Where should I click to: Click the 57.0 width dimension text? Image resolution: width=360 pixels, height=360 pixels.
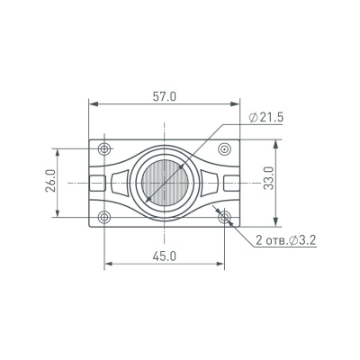click(166, 95)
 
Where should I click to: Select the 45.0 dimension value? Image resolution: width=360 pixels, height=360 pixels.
click(166, 256)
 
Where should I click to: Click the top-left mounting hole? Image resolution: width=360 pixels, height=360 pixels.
click(105, 148)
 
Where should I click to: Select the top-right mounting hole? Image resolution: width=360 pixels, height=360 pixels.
click(225, 148)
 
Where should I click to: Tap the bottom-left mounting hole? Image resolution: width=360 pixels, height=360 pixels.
click(105, 216)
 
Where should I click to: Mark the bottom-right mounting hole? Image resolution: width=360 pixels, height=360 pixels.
click(225, 216)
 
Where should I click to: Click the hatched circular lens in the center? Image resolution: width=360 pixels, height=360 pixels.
click(166, 182)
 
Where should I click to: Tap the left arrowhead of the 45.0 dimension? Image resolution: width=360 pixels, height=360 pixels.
click(109, 264)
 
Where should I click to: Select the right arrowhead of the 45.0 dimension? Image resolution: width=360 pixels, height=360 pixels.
click(221, 264)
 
